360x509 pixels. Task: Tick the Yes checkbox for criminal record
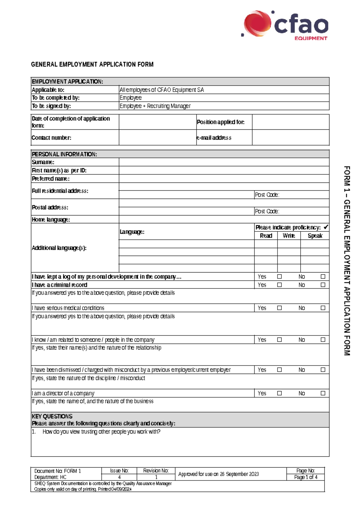(279, 285)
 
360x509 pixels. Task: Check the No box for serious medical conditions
(323, 308)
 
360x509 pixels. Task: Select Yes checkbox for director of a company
(279, 393)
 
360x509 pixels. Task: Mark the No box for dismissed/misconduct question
(323, 370)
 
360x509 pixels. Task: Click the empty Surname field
(224, 162)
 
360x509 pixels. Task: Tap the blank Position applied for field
(290, 122)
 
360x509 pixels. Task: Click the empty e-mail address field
(290, 138)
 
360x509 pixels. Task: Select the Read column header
(266, 236)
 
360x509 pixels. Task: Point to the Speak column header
(315, 236)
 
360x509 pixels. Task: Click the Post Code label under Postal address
(267, 211)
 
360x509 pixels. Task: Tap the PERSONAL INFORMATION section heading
(64, 154)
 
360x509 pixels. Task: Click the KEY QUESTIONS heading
(52, 416)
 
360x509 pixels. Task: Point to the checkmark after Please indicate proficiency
(326, 227)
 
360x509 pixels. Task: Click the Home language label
(51, 220)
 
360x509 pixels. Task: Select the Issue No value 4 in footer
(119, 477)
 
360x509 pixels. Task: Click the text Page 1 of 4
(305, 477)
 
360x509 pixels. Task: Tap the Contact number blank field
(157, 138)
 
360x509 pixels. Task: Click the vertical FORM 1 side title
(347, 261)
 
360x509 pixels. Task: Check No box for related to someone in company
(323, 340)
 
